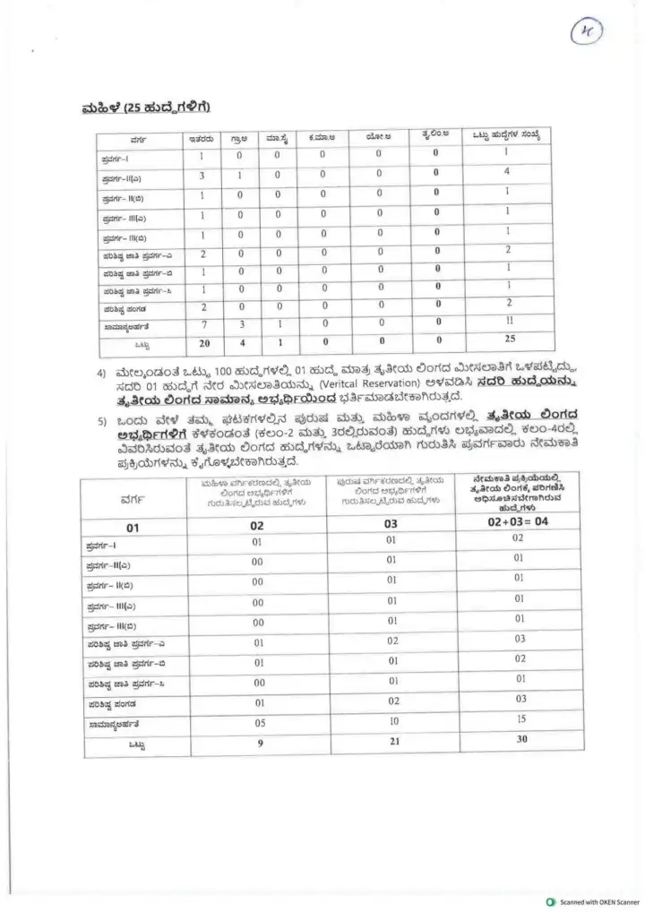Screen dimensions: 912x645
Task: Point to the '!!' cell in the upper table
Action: pyautogui.click(x=507, y=323)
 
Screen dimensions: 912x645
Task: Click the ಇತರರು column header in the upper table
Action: pyautogui.click(x=201, y=139)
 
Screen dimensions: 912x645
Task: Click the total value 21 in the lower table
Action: pyautogui.click(x=391, y=742)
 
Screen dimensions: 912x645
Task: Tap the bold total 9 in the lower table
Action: pyautogui.click(x=258, y=742)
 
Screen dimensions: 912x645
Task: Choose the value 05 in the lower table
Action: pyautogui.click(x=258, y=721)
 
